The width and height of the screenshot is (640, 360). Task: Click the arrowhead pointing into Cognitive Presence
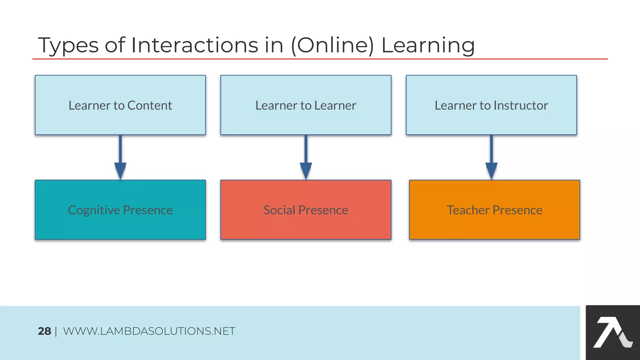120,170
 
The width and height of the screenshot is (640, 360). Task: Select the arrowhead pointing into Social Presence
306,170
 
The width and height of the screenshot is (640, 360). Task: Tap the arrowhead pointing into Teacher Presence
491,170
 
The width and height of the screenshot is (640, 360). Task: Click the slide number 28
44,331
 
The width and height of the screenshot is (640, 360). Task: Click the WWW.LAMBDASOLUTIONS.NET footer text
149,331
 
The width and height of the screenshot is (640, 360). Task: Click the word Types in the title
68,46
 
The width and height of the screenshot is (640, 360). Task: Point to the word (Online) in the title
332,46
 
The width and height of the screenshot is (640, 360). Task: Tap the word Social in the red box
279,210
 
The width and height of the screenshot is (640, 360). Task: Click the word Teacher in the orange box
468,210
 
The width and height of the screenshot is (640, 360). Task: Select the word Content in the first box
149,106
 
